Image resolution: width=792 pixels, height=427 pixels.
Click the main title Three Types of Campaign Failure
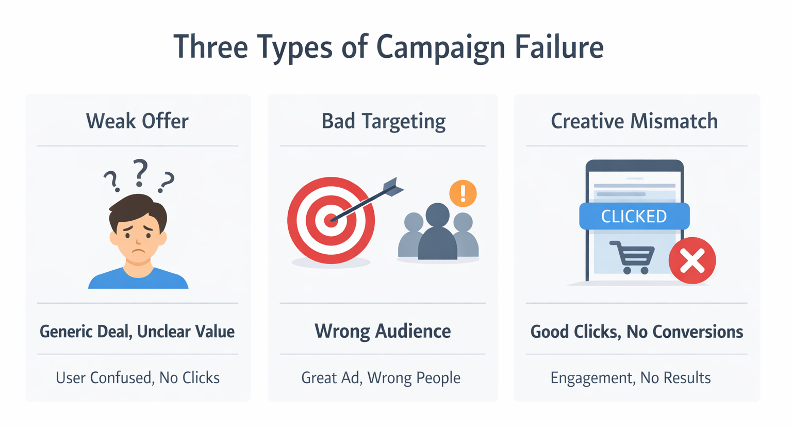pos(388,47)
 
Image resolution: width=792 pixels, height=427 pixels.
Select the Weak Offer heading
pos(137,121)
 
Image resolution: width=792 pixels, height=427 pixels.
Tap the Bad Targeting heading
pos(383,121)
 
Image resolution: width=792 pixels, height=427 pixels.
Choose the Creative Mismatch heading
pos(634,121)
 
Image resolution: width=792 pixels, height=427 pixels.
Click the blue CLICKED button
pos(634,216)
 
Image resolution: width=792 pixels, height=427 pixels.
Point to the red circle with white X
pos(692,260)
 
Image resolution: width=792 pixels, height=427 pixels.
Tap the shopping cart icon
pos(632,257)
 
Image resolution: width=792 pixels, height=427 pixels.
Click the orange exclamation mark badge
pos(463,193)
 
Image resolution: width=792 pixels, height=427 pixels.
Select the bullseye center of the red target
pos(331,221)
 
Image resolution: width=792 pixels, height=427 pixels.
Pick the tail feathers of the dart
pos(393,187)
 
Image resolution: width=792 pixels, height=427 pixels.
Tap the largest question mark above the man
pos(140,172)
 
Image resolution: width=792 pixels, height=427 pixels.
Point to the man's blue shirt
pos(138,280)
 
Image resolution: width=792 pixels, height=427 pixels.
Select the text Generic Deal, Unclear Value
pos(137,331)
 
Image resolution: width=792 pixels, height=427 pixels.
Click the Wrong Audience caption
pos(383,331)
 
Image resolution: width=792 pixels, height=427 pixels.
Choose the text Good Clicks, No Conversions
pos(637,331)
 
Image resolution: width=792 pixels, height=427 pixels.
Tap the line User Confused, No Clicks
pos(138,378)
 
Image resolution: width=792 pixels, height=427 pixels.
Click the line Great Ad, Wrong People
pos(381,378)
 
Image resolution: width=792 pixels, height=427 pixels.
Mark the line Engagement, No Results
pos(631,378)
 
